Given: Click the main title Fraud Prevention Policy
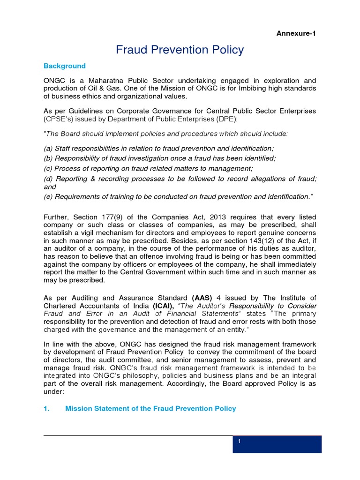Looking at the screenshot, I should click(180, 49).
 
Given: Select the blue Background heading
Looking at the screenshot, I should click(65, 66).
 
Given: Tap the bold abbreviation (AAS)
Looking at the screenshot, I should click(202, 298).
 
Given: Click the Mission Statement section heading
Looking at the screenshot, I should click(150, 409).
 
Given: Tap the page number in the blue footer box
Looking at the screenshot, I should click(239, 442).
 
